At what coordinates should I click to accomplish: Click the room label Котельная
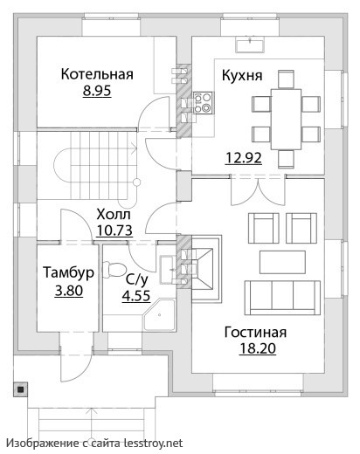[x=97, y=74]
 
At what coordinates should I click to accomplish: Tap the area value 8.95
[x=97, y=90]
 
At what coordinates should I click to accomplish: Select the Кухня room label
[x=242, y=75]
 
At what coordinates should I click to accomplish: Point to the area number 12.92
[x=243, y=158]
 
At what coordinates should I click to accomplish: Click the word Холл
[x=114, y=214]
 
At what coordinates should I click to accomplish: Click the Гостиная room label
[x=255, y=333]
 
